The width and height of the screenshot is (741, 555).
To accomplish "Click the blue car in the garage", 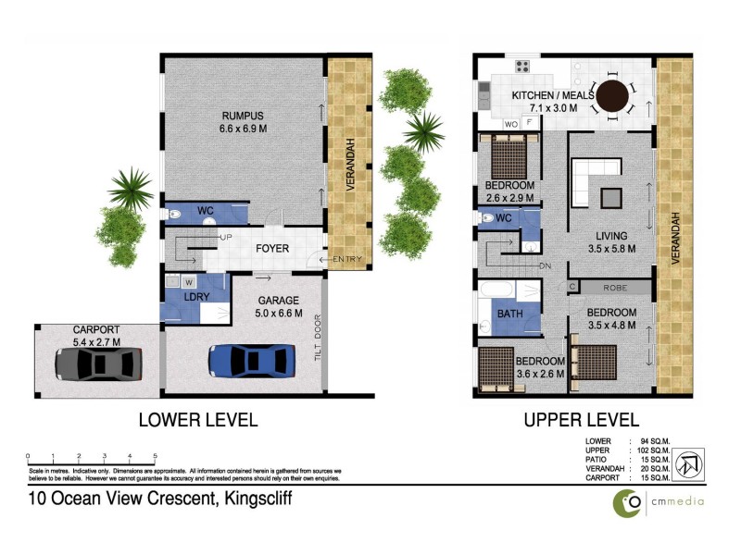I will click(239, 361).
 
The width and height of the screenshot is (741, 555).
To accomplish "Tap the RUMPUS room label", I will click(242, 116).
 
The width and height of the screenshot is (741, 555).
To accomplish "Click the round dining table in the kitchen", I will click(612, 95).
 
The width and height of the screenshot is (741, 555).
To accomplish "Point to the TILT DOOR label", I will click(318, 341).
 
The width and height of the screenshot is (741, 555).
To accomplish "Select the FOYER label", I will click(273, 249).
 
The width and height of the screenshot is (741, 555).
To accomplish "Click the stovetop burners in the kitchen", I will click(522, 67).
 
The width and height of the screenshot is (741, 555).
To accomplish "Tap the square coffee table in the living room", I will click(612, 197).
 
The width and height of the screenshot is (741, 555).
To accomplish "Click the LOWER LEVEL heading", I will click(197, 420).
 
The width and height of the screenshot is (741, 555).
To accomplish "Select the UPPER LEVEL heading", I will click(581, 420).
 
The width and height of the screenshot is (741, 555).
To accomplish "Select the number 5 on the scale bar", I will click(155, 456).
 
